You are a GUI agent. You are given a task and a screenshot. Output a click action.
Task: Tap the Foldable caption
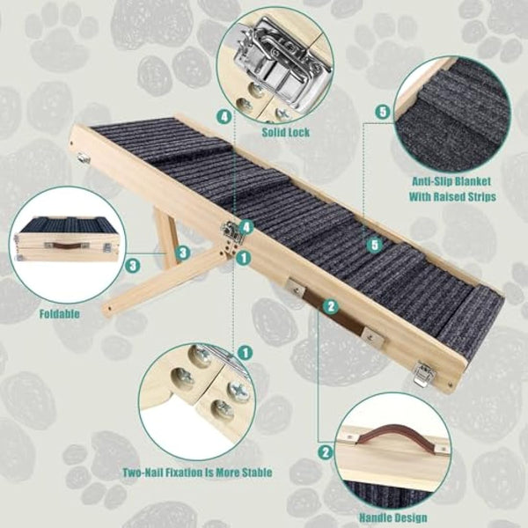(x=59, y=312)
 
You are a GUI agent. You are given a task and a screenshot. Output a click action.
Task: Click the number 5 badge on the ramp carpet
(x=375, y=244)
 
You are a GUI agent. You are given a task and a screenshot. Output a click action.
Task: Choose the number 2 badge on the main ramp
(x=331, y=306)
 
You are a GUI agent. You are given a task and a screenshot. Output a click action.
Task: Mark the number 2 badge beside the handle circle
(x=326, y=452)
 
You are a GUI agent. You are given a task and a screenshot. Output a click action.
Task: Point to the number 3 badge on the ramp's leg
(x=182, y=253)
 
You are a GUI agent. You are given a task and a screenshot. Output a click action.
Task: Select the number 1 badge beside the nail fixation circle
(x=245, y=352)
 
